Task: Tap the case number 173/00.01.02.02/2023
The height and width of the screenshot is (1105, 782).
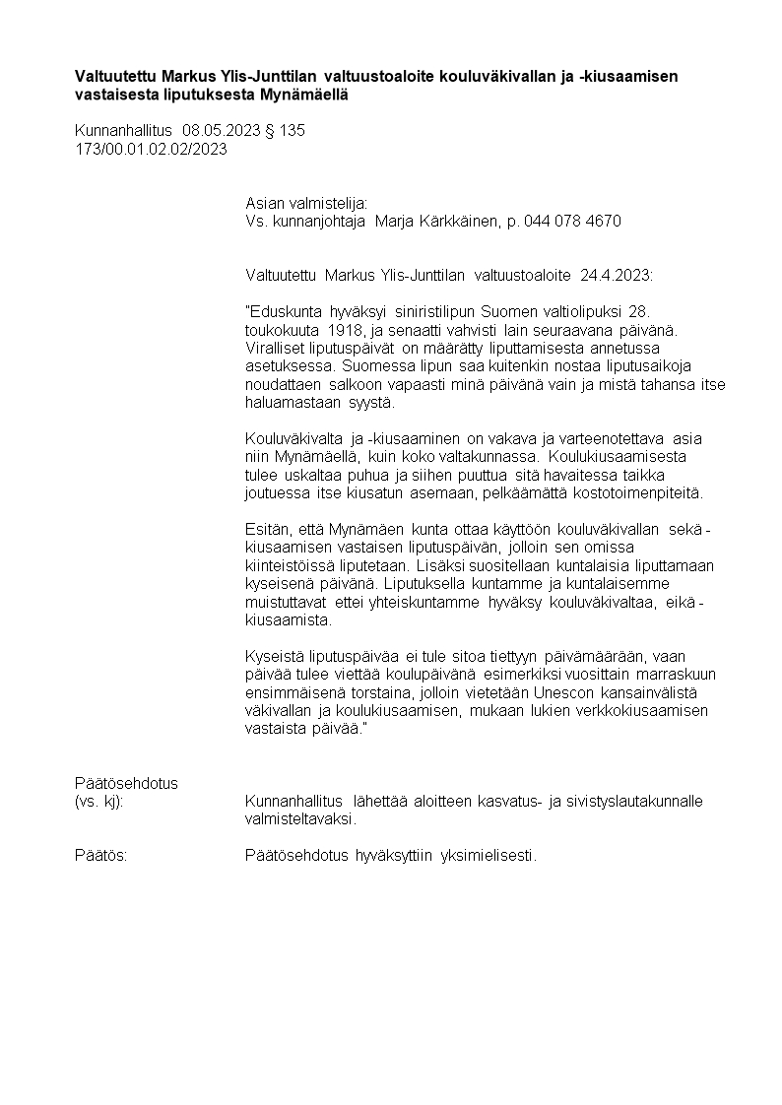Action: tap(151, 149)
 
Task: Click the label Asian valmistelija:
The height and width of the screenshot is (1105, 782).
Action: tap(305, 203)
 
